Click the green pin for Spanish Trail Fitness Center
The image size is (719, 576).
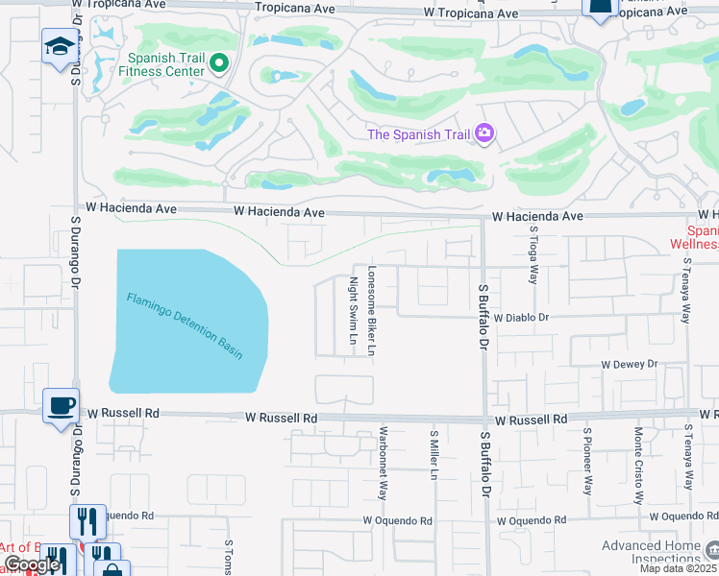219,64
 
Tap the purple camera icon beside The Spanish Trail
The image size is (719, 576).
484,133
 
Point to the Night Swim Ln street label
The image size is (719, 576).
353,311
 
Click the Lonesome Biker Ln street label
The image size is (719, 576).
372,311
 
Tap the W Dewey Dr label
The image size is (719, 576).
629,364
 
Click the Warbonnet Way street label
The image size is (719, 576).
383,463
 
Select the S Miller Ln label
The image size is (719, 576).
434,455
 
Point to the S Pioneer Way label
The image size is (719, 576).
585,459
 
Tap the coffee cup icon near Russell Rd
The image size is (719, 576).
61,405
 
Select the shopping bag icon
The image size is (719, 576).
112,567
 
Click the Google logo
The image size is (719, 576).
32,565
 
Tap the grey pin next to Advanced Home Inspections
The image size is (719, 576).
711,549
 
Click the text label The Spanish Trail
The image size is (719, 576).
419,133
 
